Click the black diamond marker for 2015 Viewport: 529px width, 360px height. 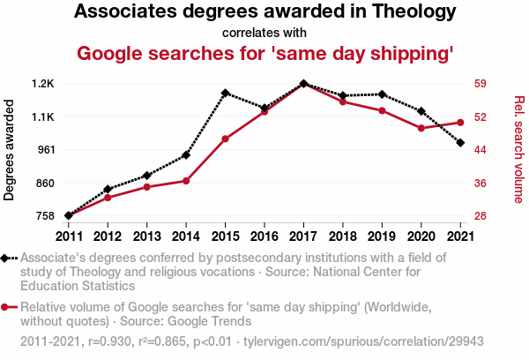225,93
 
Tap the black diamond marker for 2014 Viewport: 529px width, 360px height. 186,155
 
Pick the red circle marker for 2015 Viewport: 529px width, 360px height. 225,139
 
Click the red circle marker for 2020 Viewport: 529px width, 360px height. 421,128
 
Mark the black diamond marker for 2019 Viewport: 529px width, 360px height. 382,94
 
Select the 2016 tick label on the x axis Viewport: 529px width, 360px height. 264,236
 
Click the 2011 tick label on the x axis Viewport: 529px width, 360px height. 69,236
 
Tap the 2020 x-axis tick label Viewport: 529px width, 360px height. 421,236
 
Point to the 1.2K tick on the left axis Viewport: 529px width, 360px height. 42,84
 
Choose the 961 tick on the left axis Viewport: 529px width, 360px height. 44,150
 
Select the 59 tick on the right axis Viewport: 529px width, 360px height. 481,84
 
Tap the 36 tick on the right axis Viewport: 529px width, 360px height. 481,183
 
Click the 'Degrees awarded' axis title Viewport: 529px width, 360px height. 11,150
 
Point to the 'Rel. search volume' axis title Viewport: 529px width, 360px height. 518,150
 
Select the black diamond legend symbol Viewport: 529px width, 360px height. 6,258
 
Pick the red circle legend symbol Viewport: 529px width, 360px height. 6,307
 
